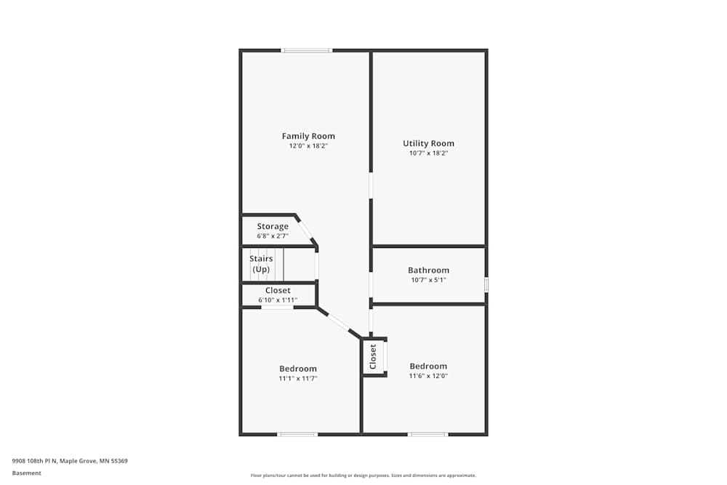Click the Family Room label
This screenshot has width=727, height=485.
308,136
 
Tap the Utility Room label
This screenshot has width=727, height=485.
428,143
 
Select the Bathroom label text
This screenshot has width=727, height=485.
428,270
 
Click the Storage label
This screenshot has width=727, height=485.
273,226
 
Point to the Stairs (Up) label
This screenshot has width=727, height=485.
261,264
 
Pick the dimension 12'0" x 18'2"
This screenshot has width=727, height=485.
308,146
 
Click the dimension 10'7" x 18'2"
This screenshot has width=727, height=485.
428,153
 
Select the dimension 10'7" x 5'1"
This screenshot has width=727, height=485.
428,280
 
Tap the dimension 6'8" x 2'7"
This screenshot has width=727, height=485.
273,236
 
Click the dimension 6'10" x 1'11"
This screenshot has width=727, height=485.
278,300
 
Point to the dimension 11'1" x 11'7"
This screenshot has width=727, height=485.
298,378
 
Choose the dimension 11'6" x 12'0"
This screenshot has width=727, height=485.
428,376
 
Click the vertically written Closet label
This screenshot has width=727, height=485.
373,356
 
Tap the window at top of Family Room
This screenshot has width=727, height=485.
307,50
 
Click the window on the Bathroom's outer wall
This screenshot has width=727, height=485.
486,284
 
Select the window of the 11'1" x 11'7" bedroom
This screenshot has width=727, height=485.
297,434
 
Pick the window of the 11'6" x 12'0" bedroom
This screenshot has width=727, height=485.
427,434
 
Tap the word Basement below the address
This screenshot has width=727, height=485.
27,473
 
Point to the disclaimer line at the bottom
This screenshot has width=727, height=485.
363,476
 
